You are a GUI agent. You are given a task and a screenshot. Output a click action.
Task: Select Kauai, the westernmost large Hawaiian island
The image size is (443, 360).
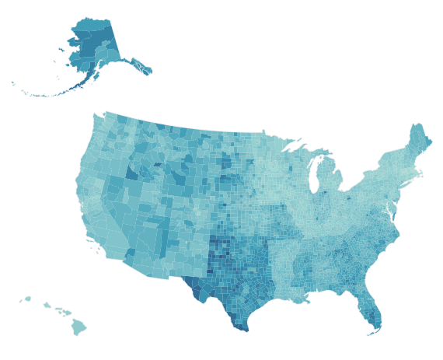(27, 298)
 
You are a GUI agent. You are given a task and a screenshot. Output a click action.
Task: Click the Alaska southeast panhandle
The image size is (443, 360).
(141, 66)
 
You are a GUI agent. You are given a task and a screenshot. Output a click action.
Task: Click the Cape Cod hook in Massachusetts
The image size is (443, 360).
(427, 173)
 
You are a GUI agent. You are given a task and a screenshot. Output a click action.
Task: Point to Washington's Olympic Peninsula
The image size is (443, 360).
(98, 122)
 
